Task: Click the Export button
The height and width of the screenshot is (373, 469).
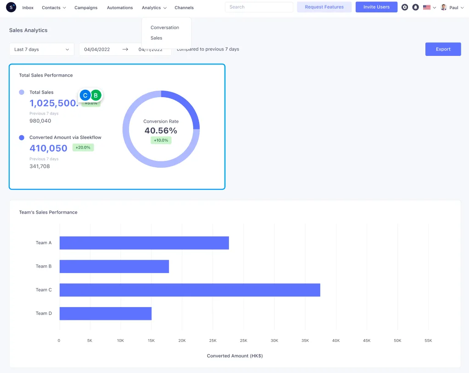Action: click(x=443, y=49)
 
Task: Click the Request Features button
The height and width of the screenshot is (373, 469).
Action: click(x=324, y=7)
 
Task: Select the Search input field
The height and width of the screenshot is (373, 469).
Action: click(x=259, y=7)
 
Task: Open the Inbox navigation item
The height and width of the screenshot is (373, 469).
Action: click(x=28, y=8)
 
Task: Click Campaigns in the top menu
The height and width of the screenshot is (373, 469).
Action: click(x=86, y=8)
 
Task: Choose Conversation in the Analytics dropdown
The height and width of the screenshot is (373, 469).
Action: click(x=165, y=27)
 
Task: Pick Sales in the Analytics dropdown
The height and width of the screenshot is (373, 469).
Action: click(x=156, y=38)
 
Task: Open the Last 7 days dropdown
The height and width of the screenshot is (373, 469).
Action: click(x=41, y=49)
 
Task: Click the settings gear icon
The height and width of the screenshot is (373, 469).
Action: click(x=404, y=7)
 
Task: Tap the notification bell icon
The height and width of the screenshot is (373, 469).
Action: click(x=415, y=7)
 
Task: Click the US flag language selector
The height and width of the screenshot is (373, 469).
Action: click(x=430, y=7)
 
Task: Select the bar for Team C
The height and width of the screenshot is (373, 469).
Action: click(x=190, y=290)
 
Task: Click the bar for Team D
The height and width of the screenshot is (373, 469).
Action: click(x=106, y=313)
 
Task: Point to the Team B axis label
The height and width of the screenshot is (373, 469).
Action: click(x=44, y=266)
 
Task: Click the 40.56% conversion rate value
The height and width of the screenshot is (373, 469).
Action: click(x=161, y=131)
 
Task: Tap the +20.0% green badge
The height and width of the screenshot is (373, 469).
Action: click(x=83, y=148)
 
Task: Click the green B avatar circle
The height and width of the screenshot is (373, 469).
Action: click(x=96, y=95)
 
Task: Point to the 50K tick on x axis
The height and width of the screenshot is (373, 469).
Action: click(x=397, y=340)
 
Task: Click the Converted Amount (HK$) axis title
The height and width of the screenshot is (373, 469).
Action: click(x=234, y=356)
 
